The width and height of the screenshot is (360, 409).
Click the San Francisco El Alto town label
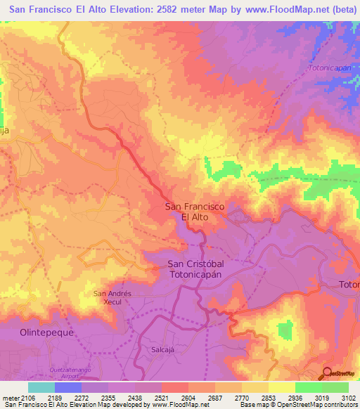click(x=194, y=212)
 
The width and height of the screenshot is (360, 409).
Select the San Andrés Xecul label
click(x=112, y=297)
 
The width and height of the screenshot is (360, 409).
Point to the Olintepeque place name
click(x=47, y=332)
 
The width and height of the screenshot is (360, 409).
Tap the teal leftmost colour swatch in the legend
click(x=41, y=387)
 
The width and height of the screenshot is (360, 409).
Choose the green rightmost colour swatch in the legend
click(x=335, y=387)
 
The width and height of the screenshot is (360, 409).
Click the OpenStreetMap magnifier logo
click(x=326, y=373)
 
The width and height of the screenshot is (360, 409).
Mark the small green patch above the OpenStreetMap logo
click(x=285, y=329)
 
